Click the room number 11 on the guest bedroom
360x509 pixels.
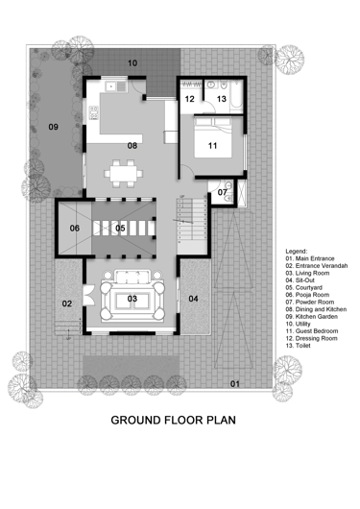[212, 146]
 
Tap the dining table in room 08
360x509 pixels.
[123, 173]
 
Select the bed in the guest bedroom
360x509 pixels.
[213, 137]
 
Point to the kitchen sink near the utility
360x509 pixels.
[115, 86]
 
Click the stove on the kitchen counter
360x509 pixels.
[93, 112]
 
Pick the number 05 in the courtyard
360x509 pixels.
[120, 228]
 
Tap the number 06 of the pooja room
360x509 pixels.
[75, 229]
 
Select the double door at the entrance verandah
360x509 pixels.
[88, 295]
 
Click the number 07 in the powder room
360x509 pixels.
[223, 192]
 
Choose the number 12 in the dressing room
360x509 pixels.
[190, 99]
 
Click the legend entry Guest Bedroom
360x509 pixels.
[312, 331]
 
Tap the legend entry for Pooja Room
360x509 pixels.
[307, 295]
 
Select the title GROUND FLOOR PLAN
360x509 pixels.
[174, 420]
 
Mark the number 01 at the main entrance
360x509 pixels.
[235, 384]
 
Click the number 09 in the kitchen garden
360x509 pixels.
[53, 127]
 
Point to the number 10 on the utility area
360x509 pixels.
[132, 63]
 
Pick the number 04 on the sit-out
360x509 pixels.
[194, 299]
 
